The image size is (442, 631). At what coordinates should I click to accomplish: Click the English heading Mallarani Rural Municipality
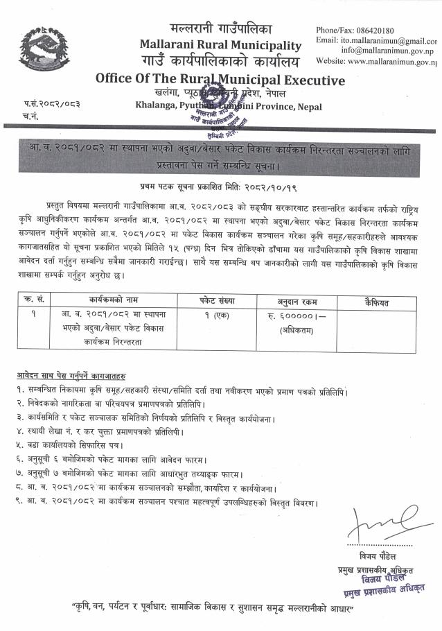(220, 46)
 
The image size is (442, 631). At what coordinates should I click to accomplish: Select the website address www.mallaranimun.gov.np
(391, 61)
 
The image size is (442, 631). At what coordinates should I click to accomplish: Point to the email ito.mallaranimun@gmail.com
(389, 41)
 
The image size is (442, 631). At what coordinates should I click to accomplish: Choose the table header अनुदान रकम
(298, 301)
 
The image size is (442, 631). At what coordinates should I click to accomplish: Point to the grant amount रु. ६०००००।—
(298, 315)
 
